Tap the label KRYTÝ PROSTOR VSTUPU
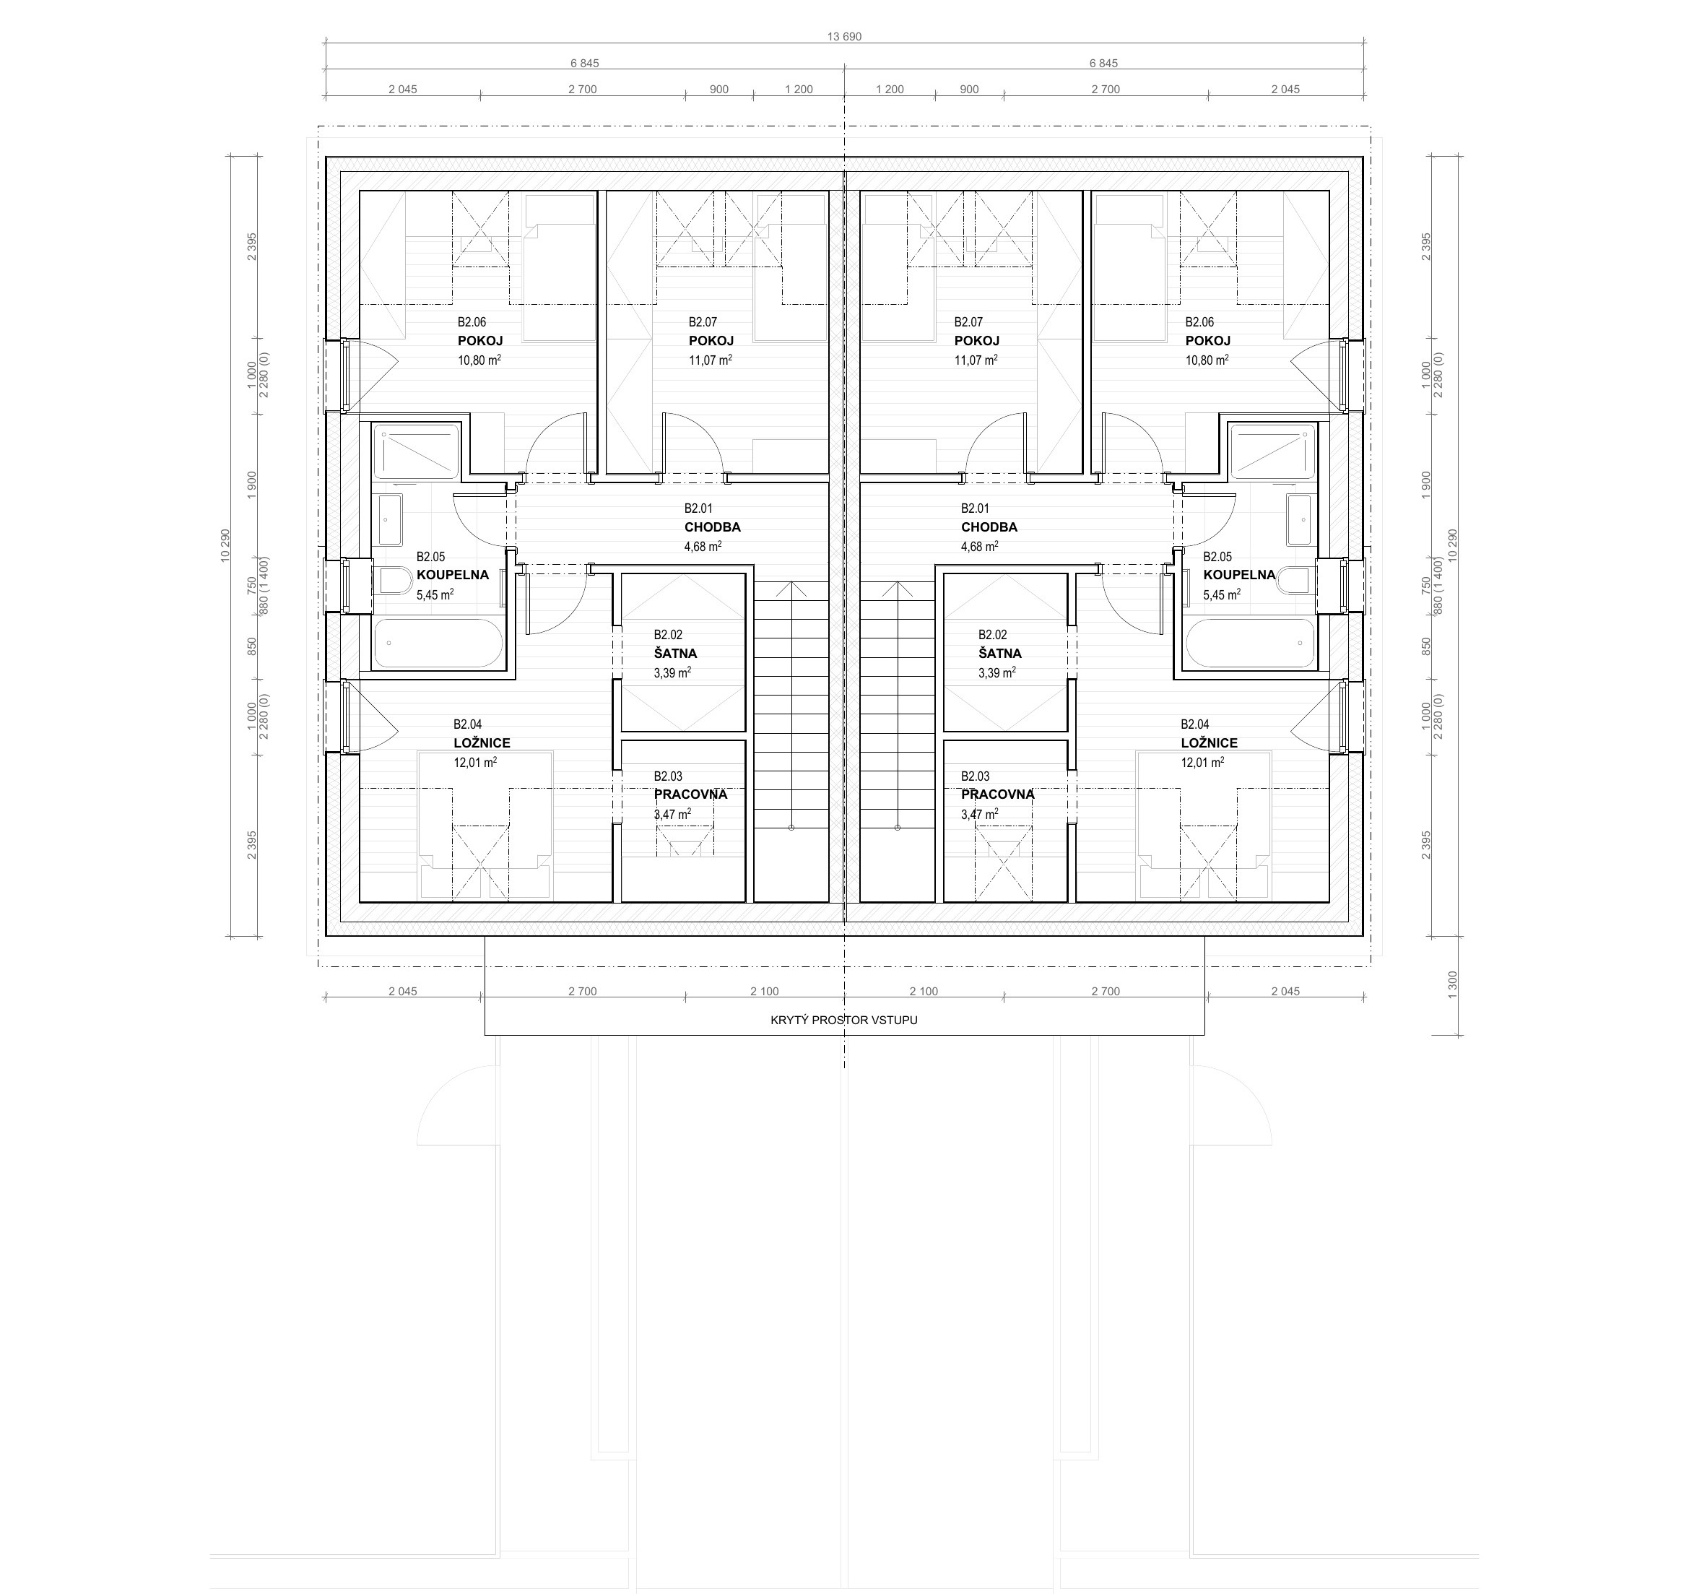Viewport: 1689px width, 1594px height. click(x=843, y=1020)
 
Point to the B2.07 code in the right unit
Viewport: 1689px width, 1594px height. click(x=968, y=322)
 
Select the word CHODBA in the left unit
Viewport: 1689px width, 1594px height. click(x=712, y=527)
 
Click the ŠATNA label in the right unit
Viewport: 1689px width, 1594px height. click(x=1000, y=654)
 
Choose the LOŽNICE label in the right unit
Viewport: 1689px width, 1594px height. click(x=1209, y=742)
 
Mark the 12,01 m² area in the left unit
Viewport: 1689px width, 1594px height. click(x=475, y=762)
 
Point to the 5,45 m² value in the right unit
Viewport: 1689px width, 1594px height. click(x=1222, y=595)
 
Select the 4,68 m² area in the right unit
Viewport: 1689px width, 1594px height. click(x=980, y=546)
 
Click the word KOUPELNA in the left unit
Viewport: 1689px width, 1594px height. click(x=453, y=574)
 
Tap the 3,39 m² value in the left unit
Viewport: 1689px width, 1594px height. click(x=672, y=673)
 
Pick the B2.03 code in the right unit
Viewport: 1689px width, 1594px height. click(x=976, y=776)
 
